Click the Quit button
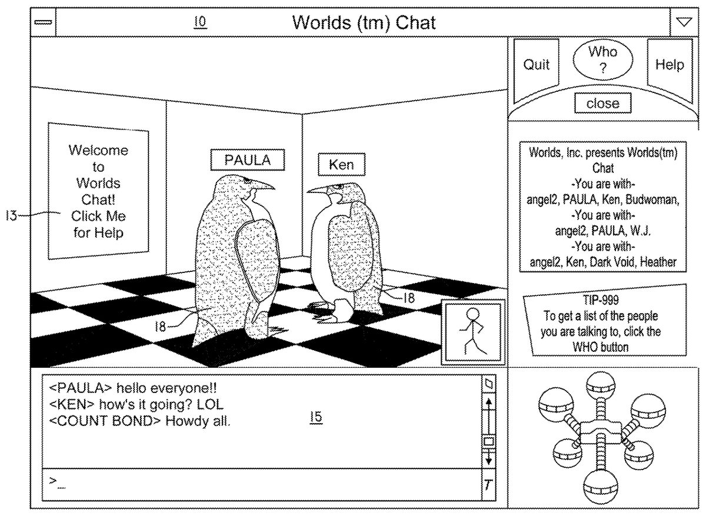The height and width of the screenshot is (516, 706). click(536, 65)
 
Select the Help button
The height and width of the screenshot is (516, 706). click(670, 65)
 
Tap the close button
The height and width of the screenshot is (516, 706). click(603, 104)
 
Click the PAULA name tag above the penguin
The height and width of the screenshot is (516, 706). click(248, 160)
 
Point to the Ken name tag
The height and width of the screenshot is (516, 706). click(341, 164)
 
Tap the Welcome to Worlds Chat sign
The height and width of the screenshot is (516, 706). click(98, 191)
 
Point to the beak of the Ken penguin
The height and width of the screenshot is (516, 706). click(316, 190)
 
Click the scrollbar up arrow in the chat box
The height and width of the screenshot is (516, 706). click(489, 404)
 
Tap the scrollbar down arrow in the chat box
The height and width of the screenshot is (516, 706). click(489, 458)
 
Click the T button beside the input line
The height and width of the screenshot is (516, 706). click(488, 486)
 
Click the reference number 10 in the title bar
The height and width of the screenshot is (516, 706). click(200, 22)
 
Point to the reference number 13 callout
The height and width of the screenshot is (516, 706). click(11, 215)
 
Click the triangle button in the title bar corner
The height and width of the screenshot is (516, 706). click(683, 22)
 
